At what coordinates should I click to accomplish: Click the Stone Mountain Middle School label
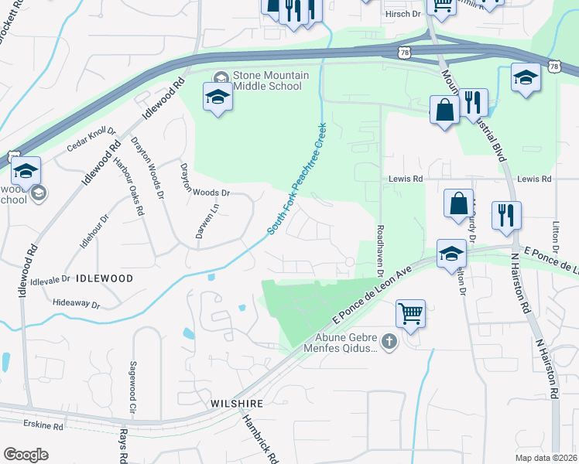tap(272, 80)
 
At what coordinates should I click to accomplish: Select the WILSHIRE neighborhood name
tap(238, 404)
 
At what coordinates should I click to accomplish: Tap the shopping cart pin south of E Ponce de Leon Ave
tap(410, 314)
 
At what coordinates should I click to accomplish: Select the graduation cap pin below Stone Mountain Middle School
tap(218, 98)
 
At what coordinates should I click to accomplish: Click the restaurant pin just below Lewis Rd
tap(506, 216)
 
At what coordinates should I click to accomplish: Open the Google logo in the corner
tap(26, 454)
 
